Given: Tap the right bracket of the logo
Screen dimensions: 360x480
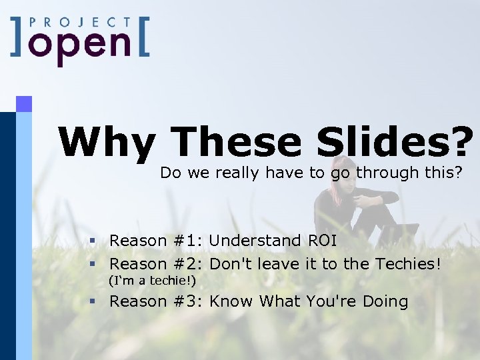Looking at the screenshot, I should (141, 38).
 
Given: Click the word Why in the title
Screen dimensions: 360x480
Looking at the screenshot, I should (107, 142).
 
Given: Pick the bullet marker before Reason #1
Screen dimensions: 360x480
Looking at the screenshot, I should (95, 241).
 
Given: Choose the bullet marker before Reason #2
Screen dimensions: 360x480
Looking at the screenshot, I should (95, 265).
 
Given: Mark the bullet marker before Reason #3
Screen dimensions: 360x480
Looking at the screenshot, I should (95, 302).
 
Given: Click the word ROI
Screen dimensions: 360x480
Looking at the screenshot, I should (322, 240).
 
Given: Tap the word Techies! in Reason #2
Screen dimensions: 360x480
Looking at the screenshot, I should (408, 264).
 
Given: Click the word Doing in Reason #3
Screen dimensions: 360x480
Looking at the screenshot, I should (385, 302).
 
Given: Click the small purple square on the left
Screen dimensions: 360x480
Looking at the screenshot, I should (24, 104).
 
